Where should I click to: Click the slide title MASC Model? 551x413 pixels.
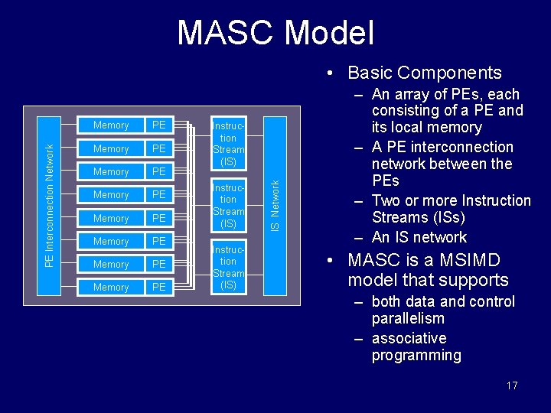[x=275, y=34]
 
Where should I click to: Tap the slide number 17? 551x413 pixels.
[x=512, y=385]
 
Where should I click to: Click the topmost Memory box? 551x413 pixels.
[x=111, y=125]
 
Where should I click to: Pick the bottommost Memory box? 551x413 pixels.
[x=111, y=288]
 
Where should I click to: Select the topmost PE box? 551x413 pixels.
[x=159, y=125]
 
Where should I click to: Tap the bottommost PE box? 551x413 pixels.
[x=159, y=288]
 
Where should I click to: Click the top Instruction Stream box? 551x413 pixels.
[x=228, y=143]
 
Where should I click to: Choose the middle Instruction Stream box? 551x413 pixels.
[x=228, y=205]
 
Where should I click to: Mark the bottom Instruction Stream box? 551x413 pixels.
[x=228, y=267]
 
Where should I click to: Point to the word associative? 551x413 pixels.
[x=409, y=338]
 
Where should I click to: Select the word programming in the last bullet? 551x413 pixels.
[x=416, y=355]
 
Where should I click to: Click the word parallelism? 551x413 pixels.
[x=408, y=318]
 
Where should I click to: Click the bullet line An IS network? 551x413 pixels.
[x=419, y=237]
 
